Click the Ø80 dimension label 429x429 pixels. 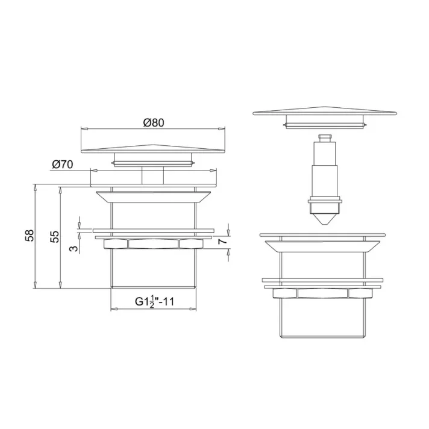tap(154, 122)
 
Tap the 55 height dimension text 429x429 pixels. tap(54, 236)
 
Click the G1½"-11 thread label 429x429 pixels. tap(154, 301)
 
